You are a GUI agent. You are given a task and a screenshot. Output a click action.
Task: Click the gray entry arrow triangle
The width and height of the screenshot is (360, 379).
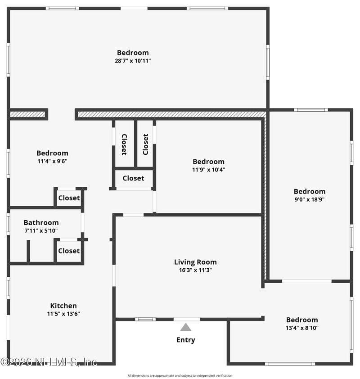[x=186, y=327]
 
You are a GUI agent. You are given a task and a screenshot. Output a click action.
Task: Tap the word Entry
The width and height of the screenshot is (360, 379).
[x=186, y=340]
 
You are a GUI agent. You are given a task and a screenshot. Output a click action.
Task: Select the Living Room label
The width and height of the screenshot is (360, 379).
[x=195, y=262]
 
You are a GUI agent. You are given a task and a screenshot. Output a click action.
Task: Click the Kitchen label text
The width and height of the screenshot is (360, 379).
[x=63, y=306]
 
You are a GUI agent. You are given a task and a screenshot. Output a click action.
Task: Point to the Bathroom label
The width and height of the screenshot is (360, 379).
[x=41, y=222]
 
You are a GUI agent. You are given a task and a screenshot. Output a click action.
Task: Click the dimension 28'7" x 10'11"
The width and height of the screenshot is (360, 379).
[x=133, y=61]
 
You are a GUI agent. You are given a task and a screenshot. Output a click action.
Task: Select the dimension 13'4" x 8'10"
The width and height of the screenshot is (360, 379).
[x=302, y=328]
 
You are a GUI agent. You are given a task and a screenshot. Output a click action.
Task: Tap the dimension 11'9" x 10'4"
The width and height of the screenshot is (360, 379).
[x=208, y=170]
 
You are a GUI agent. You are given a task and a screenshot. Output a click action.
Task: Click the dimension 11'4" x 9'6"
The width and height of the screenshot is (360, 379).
[x=52, y=161]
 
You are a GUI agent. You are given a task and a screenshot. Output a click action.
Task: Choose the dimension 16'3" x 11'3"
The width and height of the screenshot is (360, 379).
[x=195, y=270]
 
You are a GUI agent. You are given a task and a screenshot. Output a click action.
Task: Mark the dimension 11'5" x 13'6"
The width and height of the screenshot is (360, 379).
[x=63, y=314]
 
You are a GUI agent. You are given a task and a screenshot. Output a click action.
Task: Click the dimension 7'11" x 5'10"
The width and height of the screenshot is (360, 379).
[x=41, y=230]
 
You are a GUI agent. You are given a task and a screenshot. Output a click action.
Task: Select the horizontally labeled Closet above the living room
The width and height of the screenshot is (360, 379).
[x=133, y=178]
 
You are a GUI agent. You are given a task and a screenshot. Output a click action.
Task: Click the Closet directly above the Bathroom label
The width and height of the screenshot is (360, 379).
[x=69, y=198]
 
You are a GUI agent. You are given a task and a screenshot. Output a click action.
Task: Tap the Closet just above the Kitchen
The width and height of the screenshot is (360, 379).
[x=69, y=251]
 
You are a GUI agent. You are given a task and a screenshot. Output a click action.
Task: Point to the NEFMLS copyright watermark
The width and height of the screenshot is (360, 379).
[x=49, y=361]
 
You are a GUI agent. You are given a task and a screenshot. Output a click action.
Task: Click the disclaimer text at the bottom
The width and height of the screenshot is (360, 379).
[x=180, y=375]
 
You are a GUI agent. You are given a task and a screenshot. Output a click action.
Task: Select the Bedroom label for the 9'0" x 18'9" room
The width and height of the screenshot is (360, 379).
[x=310, y=191]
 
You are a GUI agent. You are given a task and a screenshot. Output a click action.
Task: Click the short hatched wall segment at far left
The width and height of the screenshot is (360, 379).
[x=28, y=114]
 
